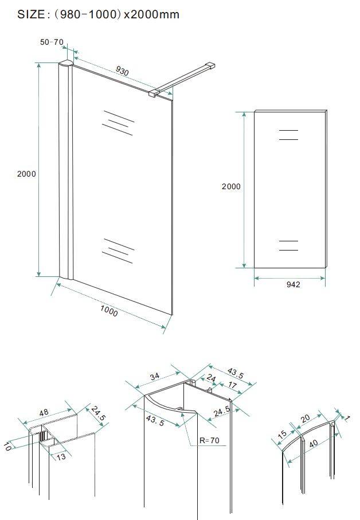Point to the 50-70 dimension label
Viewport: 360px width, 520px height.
(x=52, y=42)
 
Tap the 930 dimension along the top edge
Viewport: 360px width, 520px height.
(x=122, y=71)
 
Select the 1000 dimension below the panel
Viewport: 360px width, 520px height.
(x=109, y=311)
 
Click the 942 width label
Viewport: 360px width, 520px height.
(x=293, y=284)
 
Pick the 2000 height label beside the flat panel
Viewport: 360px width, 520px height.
(x=231, y=186)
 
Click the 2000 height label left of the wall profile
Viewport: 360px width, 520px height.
(x=26, y=174)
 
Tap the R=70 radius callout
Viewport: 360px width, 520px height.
(x=209, y=440)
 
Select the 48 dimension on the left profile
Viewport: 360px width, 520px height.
(x=44, y=413)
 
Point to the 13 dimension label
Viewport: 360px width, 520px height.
(x=61, y=457)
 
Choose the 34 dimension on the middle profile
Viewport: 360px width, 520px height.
(x=154, y=377)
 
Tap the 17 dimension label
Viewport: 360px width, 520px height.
(x=233, y=385)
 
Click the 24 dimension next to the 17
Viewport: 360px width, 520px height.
(x=211, y=378)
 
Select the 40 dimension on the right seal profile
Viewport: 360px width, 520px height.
(x=313, y=443)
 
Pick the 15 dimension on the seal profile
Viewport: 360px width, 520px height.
(x=282, y=435)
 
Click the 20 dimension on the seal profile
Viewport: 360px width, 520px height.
(x=305, y=418)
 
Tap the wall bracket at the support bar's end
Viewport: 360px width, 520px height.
(x=210, y=65)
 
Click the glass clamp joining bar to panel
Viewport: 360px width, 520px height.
(x=154, y=93)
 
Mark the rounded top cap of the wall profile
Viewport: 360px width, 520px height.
(x=65, y=63)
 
